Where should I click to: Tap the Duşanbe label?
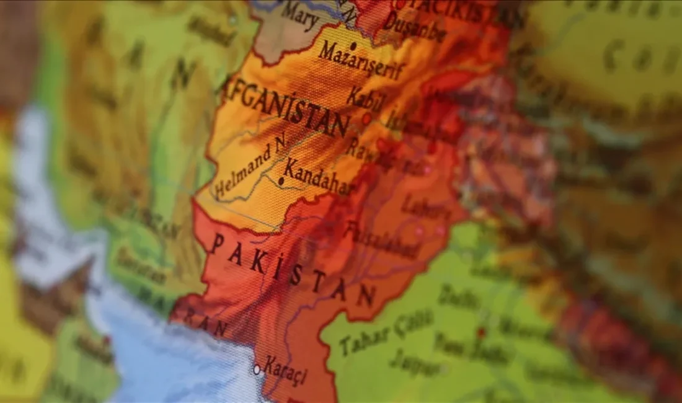(415, 28)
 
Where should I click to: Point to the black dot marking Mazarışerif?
(353, 45)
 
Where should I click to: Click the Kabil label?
(365, 99)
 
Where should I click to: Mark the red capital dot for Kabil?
(366, 118)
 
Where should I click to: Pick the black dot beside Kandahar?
(281, 181)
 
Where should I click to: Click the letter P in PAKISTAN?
(217, 244)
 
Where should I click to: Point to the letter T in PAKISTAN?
(318, 283)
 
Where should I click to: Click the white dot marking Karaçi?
(257, 370)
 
